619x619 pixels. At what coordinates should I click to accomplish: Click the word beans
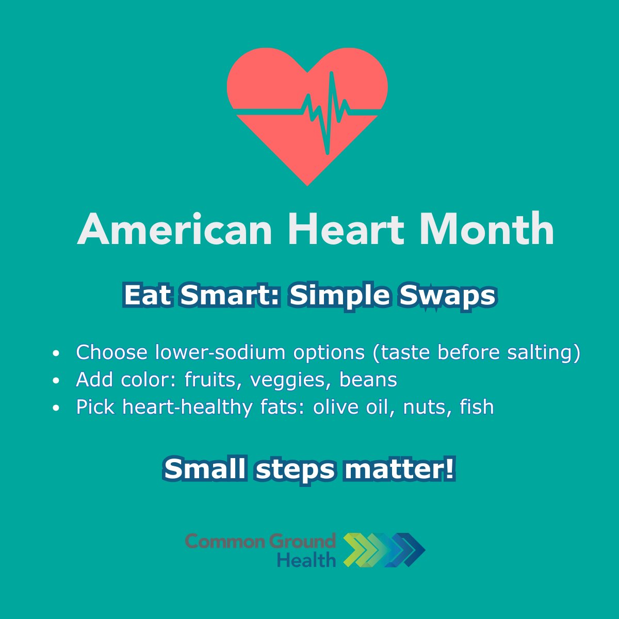coord(368,380)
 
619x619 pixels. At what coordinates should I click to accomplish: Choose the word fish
coord(477,407)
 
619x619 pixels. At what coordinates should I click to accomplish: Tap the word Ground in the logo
coord(302,541)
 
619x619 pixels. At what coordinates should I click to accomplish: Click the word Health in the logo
coord(306,559)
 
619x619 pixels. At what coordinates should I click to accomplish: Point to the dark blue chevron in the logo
coord(413,550)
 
